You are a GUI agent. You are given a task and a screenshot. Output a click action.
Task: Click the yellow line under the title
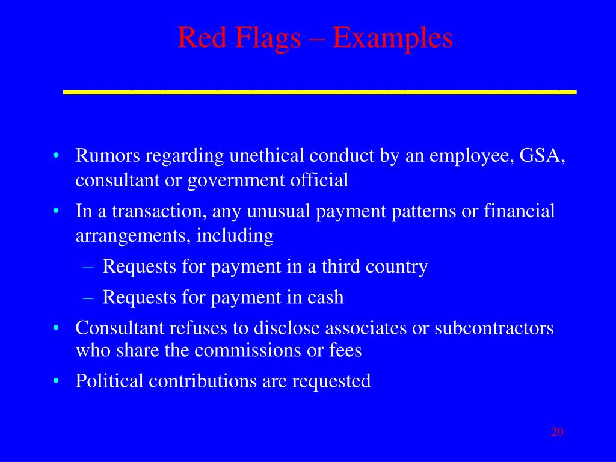pyautogui.click(x=319, y=91)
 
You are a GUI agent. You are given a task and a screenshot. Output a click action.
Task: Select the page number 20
pyautogui.click(x=557, y=432)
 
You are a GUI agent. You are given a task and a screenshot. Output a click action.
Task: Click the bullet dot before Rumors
pyautogui.click(x=55, y=156)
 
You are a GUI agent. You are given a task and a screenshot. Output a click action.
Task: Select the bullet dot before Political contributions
pyautogui.click(x=55, y=381)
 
